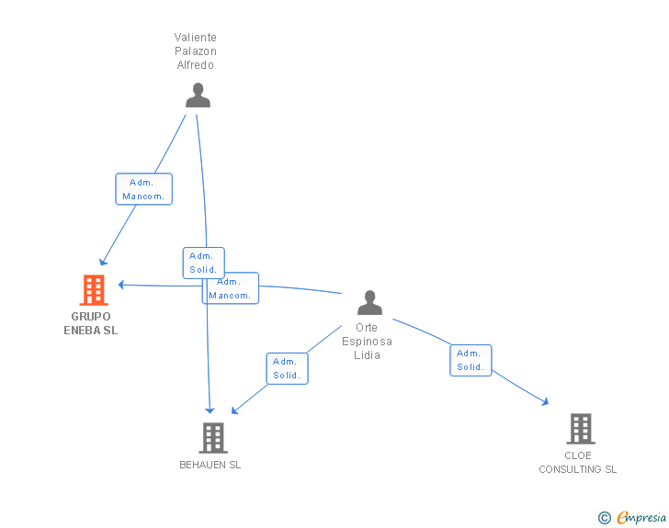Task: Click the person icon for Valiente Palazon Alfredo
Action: [198, 95]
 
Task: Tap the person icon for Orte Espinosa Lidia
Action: [370, 302]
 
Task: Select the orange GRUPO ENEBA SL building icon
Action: [94, 290]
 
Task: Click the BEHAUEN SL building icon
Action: [213, 438]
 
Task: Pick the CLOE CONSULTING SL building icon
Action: [581, 429]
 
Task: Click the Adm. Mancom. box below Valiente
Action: [143, 189]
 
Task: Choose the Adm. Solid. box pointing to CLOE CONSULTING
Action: [471, 360]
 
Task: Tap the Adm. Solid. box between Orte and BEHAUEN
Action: [287, 368]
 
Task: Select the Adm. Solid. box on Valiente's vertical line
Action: [203, 263]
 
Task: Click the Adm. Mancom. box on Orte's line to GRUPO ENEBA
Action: [231, 288]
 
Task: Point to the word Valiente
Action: [196, 38]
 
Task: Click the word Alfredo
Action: [196, 65]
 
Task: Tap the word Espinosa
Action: [367, 342]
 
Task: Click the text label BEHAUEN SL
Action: [210, 465]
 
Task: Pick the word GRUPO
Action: [91, 317]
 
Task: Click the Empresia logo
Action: [641, 517]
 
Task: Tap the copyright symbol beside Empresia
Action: [605, 518]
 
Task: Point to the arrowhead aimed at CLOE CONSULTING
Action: [545, 402]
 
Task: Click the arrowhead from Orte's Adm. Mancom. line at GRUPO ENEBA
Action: [121, 285]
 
